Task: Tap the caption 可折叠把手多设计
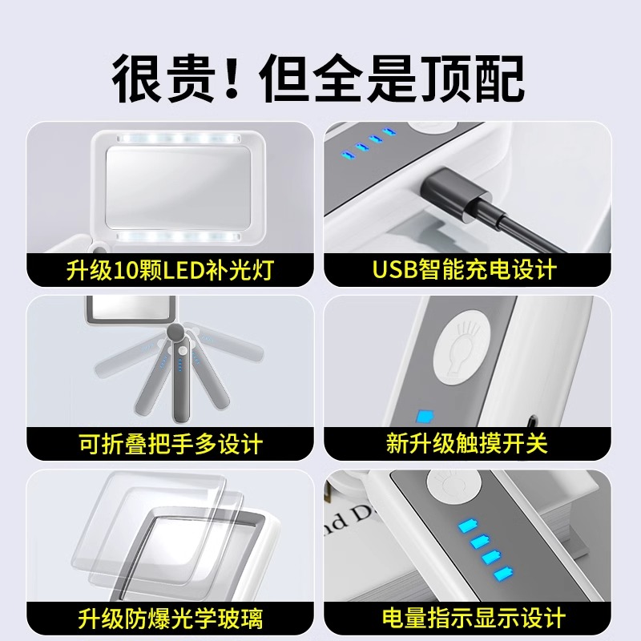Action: (x=170, y=443)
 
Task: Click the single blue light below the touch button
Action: (x=425, y=417)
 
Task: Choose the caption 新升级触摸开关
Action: (x=466, y=443)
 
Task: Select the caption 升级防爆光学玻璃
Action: (x=170, y=618)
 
